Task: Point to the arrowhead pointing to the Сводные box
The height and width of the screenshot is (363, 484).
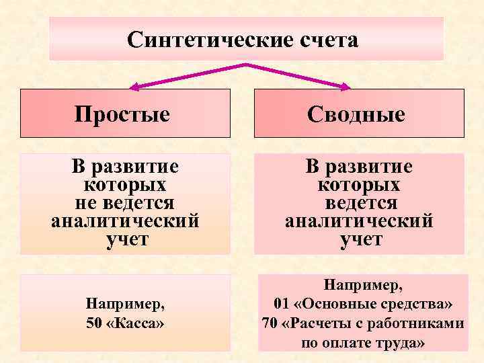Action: click(346, 87)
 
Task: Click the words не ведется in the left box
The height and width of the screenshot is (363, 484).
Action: click(125, 202)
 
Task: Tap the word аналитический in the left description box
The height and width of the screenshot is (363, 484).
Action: click(125, 220)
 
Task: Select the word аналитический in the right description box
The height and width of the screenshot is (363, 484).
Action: click(360, 220)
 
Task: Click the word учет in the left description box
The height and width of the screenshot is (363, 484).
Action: click(125, 239)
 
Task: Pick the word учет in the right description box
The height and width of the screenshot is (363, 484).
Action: click(360, 239)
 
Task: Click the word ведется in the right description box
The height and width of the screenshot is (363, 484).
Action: click(361, 202)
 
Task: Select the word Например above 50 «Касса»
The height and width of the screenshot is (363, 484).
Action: click(125, 304)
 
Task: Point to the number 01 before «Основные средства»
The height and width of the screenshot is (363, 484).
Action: click(282, 305)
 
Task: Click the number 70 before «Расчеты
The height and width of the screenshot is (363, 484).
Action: click(269, 323)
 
